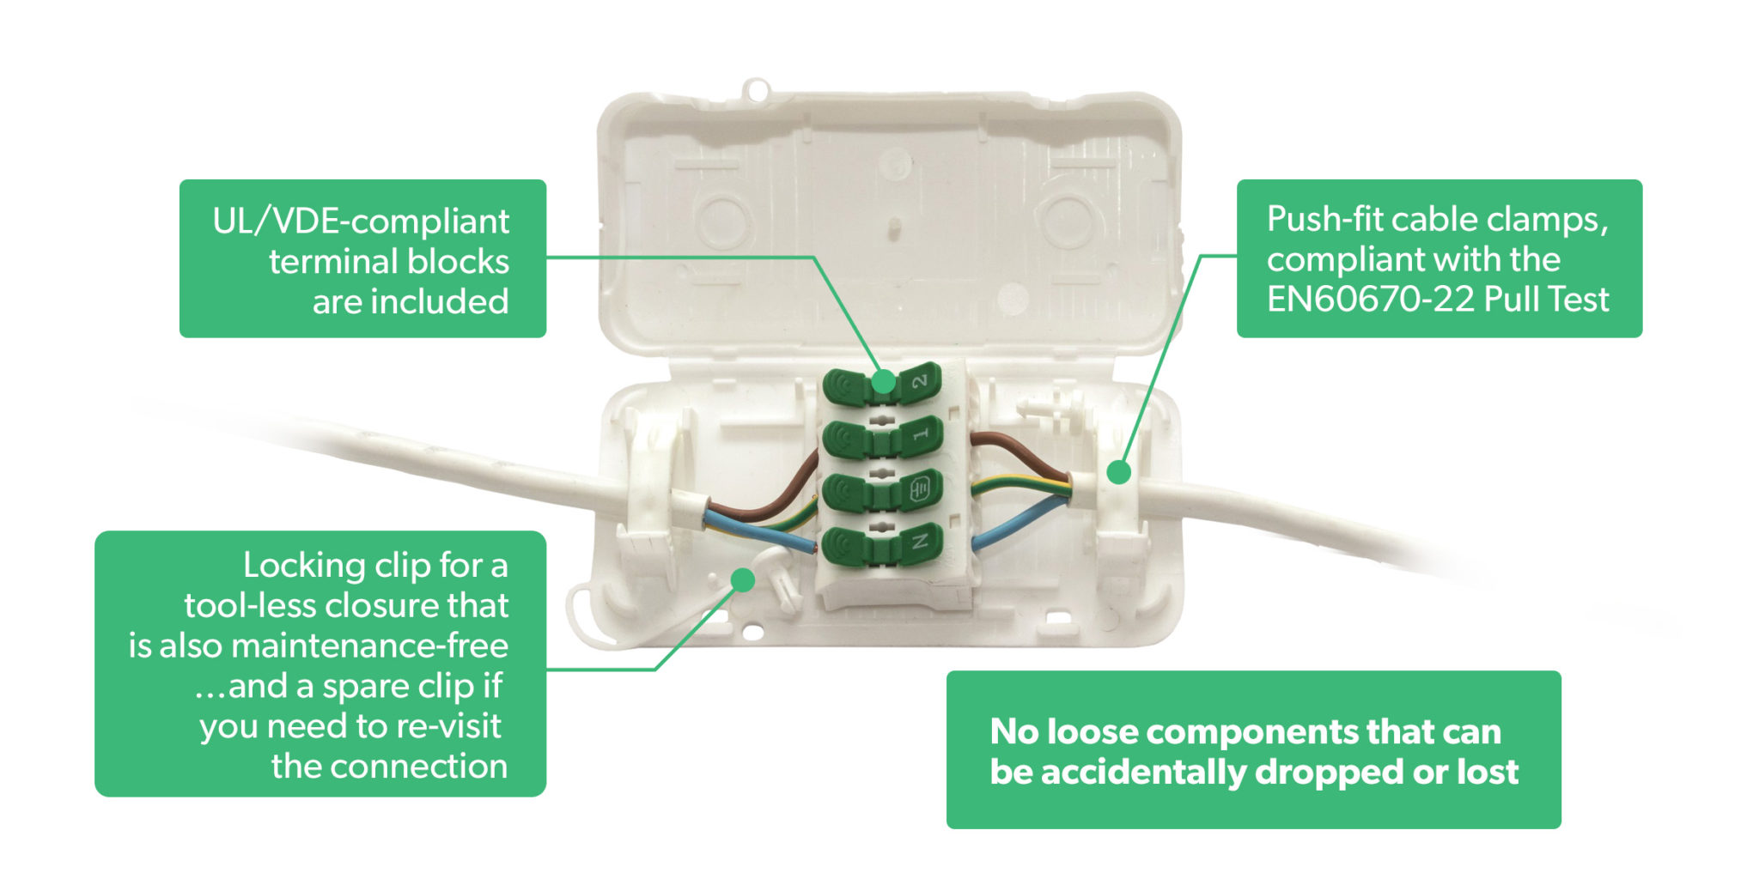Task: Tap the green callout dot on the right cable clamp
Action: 1117,472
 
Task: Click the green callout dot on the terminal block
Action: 883,381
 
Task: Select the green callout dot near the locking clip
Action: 743,580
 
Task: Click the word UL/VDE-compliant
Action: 361,221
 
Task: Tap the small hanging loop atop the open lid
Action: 756,88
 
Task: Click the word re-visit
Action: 447,726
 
